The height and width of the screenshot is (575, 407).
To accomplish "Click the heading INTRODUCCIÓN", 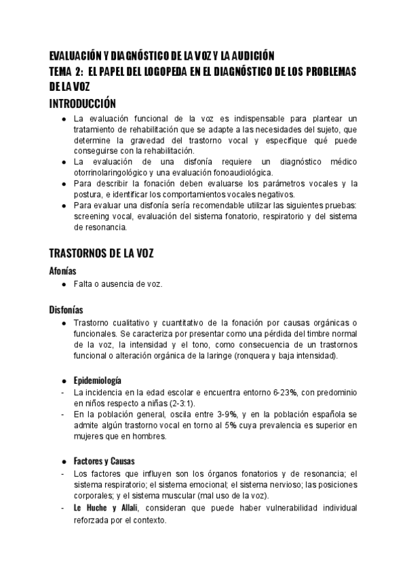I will (83, 104).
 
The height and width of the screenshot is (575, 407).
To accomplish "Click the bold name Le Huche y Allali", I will (104, 508).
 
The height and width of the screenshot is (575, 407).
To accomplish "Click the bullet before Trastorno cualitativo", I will (63, 323).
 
